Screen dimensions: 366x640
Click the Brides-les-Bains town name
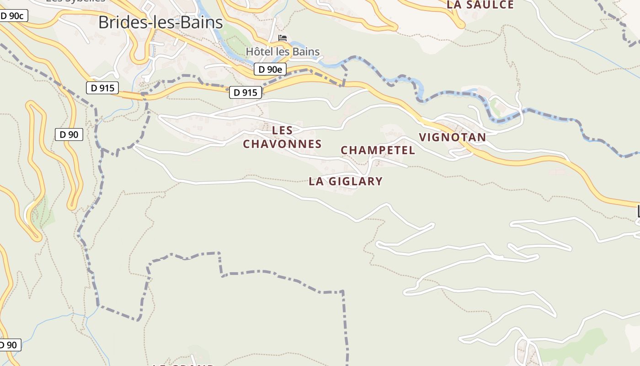click(160, 22)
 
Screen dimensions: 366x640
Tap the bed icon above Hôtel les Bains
click(283, 38)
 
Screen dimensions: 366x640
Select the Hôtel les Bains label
click(283, 52)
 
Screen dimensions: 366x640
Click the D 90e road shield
click(270, 70)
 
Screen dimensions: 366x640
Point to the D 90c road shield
click(12, 16)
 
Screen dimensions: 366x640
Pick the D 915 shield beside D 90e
click(245, 92)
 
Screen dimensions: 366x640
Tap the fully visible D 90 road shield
click(69, 135)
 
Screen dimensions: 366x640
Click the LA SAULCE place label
click(480, 5)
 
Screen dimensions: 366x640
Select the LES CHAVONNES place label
click(282, 137)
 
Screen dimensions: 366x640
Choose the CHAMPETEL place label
click(378, 151)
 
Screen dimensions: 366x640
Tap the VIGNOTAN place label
click(452, 137)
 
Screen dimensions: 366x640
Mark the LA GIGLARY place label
click(345, 181)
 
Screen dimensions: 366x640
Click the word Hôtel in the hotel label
click(258, 52)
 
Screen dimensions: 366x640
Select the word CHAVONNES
click(282, 144)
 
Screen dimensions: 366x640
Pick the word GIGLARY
click(355, 181)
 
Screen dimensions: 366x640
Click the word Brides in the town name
click(120, 22)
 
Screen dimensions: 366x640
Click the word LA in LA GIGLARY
click(316, 181)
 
